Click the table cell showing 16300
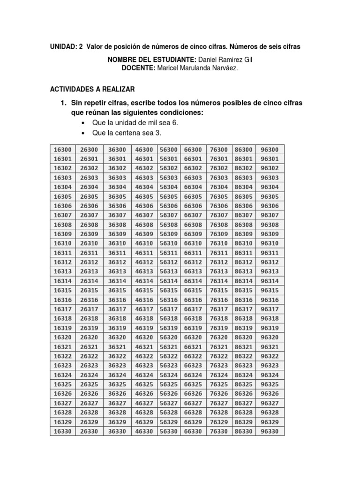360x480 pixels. coord(62,150)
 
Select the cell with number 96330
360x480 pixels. coord(270,431)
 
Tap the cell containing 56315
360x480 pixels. coord(168,291)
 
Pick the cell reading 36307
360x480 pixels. coord(117,215)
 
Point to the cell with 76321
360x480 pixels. coord(219,347)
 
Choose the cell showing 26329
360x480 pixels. coord(89,422)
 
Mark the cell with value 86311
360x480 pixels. coord(244,253)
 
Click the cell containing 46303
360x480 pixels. coord(144,178)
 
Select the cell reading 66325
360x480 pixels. coord(193,384)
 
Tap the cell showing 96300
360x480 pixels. coord(270,150)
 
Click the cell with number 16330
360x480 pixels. coord(62,431)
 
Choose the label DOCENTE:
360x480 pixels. coord(138,68)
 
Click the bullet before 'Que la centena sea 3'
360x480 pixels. coord(83,134)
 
